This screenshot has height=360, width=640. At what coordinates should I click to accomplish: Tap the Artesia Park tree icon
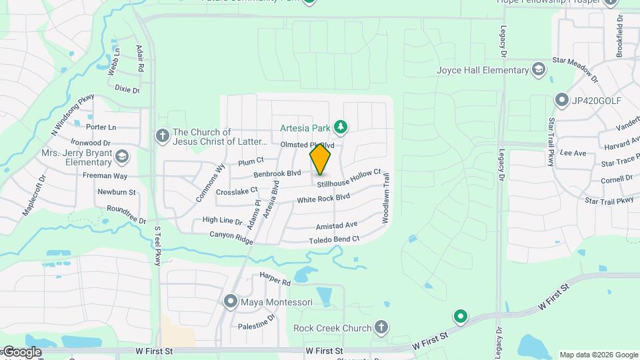point(341,126)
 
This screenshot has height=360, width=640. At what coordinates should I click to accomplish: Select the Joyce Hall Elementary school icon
point(539,70)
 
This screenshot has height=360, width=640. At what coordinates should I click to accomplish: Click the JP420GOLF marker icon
point(561,101)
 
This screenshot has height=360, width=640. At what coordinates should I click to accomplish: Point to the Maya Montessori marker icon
point(231,302)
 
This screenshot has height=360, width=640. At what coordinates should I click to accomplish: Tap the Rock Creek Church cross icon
point(381,327)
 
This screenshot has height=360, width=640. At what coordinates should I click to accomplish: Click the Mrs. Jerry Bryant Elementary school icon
point(121,157)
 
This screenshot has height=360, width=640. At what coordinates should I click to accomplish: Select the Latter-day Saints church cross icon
point(162,136)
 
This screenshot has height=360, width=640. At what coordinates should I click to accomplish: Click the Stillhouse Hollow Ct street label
point(348,178)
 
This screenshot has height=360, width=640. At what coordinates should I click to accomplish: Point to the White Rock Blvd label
point(323,199)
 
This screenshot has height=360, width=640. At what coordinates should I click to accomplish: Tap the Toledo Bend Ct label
point(334,239)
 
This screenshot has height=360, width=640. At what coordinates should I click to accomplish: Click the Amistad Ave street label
point(337,225)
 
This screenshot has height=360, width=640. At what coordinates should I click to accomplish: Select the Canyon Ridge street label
point(231,236)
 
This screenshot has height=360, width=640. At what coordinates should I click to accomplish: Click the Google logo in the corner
point(21,351)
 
